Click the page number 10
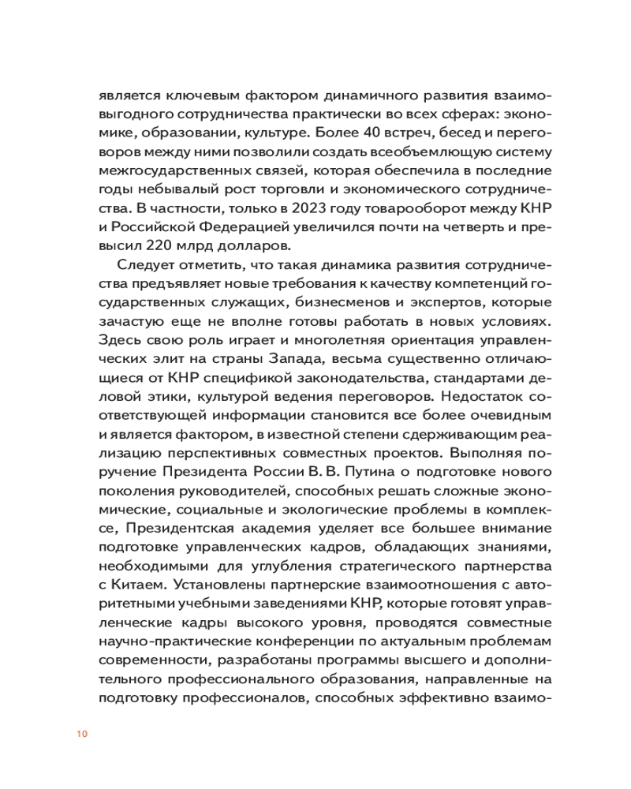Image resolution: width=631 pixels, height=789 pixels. [82, 735]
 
